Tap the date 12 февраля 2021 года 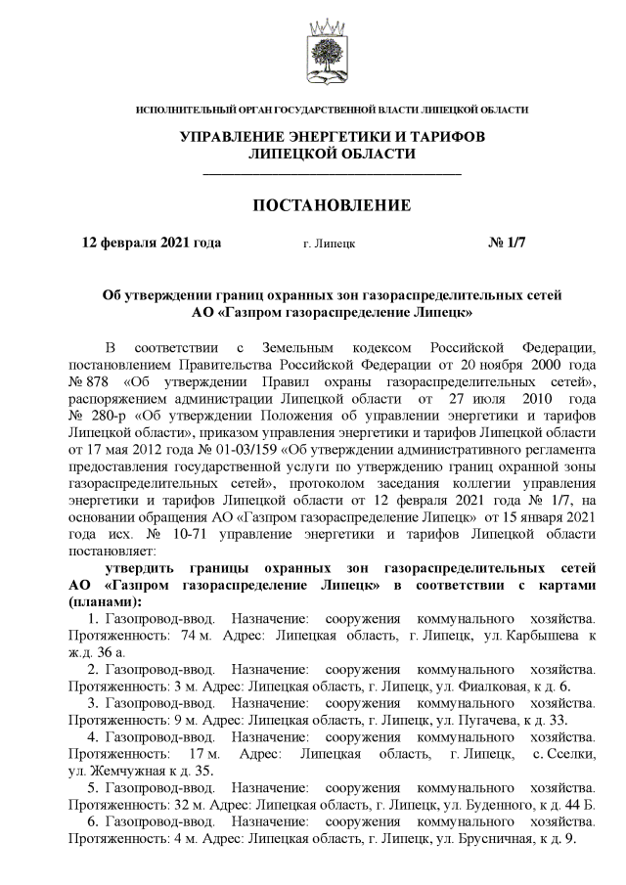tap(152, 243)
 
